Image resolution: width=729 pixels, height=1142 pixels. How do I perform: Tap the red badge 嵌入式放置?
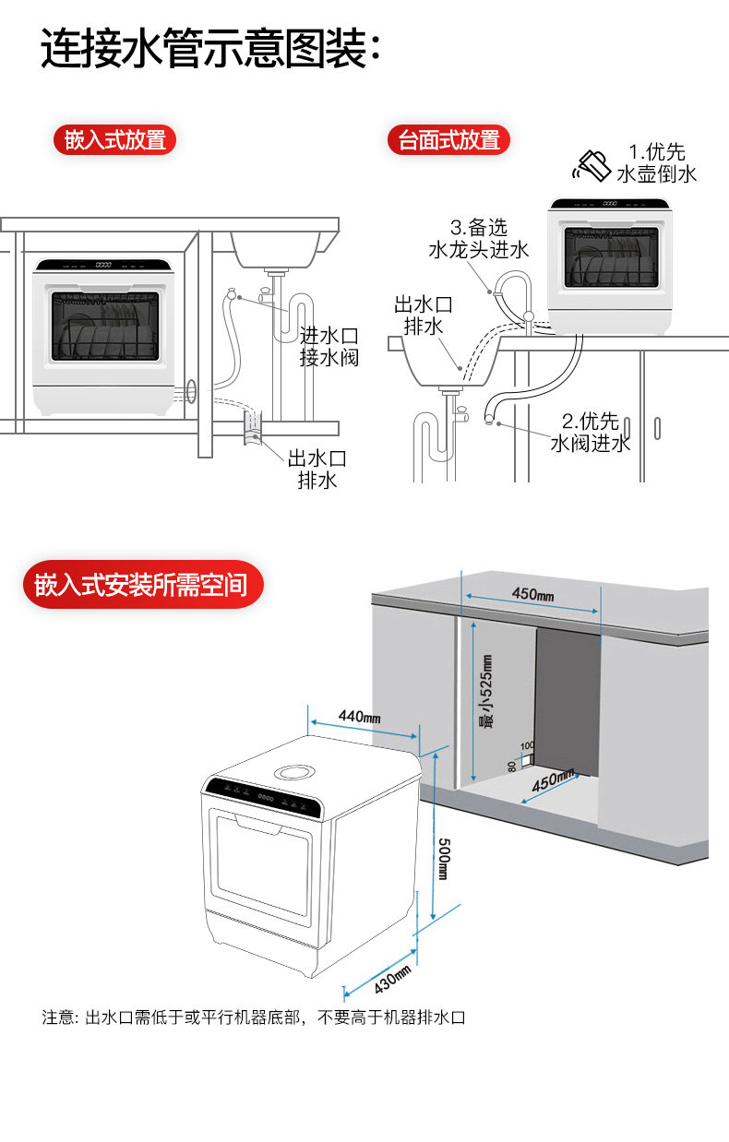tap(114, 140)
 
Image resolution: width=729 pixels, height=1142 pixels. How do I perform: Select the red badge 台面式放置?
tap(448, 140)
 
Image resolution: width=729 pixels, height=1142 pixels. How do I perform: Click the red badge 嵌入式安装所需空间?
tap(141, 585)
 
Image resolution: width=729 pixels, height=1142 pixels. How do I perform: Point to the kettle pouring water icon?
tap(592, 165)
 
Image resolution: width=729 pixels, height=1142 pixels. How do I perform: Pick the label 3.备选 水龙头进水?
tap(478, 239)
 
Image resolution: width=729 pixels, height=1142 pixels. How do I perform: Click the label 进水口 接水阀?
tap(329, 347)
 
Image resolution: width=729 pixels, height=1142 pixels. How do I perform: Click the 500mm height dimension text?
tap(443, 857)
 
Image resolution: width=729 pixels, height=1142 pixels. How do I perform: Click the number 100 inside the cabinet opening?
tap(527, 745)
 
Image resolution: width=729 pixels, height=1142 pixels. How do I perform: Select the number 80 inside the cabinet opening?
tap(511, 766)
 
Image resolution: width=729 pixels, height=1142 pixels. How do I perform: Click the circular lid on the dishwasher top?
tap(296, 770)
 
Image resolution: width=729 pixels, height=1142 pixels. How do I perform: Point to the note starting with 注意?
tap(253, 1017)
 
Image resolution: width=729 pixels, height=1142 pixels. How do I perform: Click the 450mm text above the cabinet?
tap(533, 594)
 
